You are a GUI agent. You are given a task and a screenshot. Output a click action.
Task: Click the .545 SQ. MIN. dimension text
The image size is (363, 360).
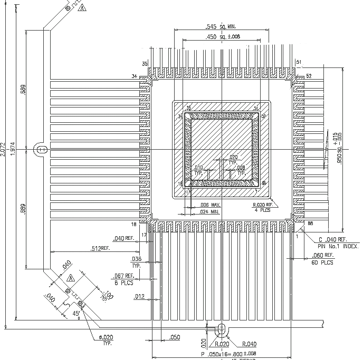(221, 26)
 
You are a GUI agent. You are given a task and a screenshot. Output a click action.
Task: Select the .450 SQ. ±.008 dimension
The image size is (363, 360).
(223, 36)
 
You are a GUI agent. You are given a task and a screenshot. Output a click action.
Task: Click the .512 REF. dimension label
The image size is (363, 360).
(100, 248)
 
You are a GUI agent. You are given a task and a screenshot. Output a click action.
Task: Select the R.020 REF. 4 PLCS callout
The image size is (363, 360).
(262, 207)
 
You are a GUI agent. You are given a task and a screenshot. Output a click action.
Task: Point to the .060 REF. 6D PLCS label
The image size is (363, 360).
(323, 258)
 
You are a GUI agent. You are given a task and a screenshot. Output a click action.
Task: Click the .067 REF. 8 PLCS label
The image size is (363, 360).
(123, 278)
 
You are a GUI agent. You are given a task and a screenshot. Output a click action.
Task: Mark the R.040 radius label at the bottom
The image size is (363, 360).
(250, 344)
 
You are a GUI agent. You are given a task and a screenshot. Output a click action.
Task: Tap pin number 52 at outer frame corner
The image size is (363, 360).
(309, 76)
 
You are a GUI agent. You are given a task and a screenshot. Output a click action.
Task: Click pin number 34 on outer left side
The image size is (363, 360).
(135, 76)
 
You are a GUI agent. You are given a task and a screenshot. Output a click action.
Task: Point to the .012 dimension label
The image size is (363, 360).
(139, 297)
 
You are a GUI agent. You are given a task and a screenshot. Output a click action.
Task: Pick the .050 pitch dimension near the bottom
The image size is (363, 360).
(175, 337)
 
